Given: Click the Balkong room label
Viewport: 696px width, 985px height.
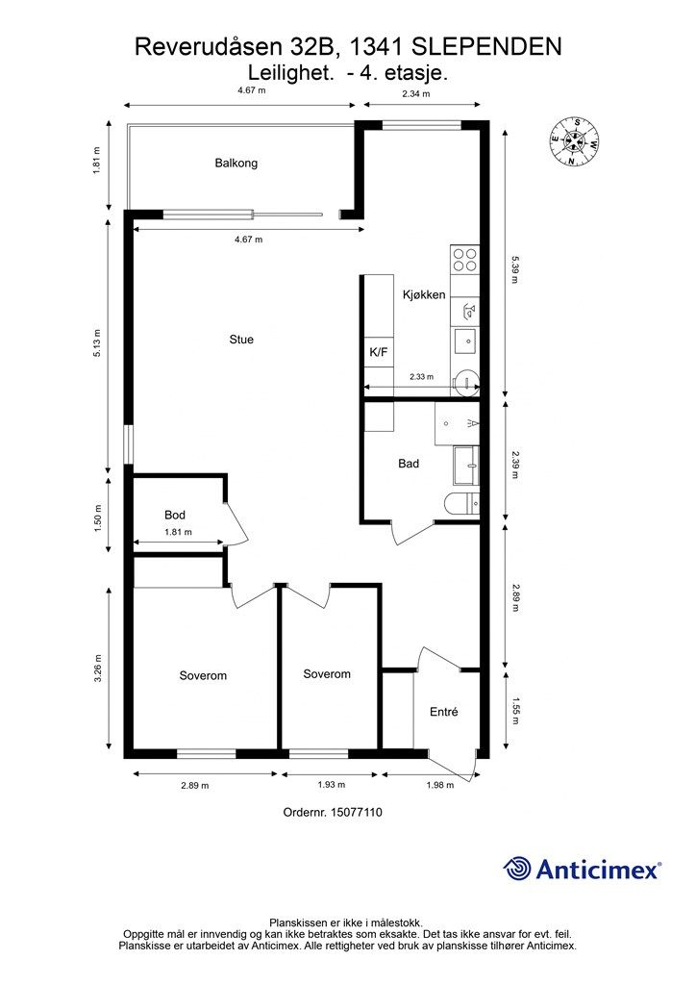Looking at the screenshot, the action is (236, 164).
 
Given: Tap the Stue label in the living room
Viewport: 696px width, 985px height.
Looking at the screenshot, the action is (241, 340).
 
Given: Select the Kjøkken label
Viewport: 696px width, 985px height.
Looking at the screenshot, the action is (424, 294).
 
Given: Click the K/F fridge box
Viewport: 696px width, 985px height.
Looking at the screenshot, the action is (379, 352).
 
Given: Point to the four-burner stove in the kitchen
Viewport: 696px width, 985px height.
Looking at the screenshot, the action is (465, 260).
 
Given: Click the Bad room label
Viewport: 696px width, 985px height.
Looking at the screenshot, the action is (409, 464).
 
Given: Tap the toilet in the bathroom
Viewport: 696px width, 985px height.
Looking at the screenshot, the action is (461, 504).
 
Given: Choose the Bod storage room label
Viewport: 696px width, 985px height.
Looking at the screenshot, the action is (174, 516).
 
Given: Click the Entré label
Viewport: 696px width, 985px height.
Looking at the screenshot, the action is (444, 712).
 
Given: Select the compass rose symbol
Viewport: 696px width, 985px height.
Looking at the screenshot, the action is (574, 141).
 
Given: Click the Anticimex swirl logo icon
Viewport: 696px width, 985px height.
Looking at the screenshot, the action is (517, 870).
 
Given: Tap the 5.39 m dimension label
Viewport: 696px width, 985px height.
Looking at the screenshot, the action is (515, 269).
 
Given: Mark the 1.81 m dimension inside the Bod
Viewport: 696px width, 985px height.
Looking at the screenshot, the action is (178, 532).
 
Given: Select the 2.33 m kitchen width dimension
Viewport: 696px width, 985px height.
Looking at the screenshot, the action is (421, 377).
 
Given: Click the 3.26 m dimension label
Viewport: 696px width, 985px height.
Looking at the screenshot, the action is (97, 669).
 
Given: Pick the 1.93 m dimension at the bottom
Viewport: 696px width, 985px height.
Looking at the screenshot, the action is (332, 785).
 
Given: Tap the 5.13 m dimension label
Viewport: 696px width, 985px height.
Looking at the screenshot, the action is (97, 343).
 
